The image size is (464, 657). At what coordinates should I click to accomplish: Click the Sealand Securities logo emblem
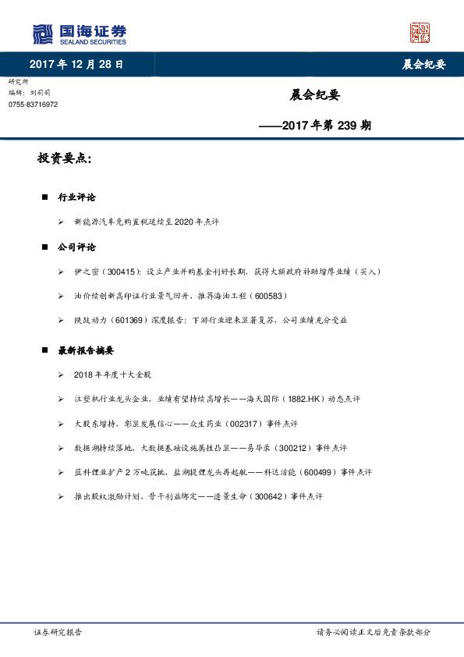tap(42, 34)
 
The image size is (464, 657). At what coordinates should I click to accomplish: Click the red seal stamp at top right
tap(420, 33)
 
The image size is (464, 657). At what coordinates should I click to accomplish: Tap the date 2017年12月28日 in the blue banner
tap(76, 64)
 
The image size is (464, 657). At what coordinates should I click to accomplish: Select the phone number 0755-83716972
tap(33, 105)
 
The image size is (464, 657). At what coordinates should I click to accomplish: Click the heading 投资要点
tap(64, 159)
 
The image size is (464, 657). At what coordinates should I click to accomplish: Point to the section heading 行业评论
tap(77, 197)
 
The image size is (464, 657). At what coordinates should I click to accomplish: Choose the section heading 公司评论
tap(77, 247)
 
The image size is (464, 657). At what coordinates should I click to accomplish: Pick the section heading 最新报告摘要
tap(86, 350)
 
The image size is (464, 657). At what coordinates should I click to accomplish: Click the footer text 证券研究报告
tap(58, 632)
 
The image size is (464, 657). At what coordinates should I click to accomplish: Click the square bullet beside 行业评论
tap(44, 197)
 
